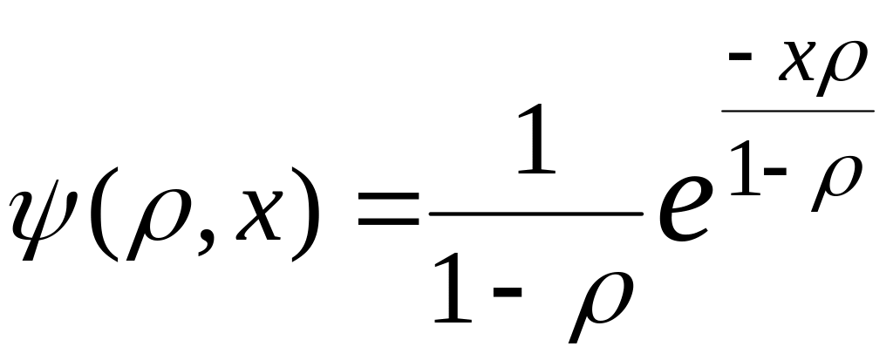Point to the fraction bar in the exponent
(798, 111)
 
